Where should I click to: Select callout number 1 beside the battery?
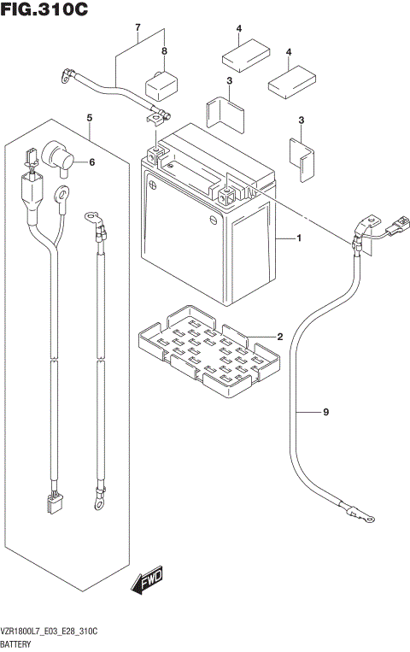point(300,238)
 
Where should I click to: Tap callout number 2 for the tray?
point(278,337)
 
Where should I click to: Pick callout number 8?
point(164,51)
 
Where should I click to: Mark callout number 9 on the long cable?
point(325,414)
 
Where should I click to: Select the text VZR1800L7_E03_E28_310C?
point(53,629)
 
